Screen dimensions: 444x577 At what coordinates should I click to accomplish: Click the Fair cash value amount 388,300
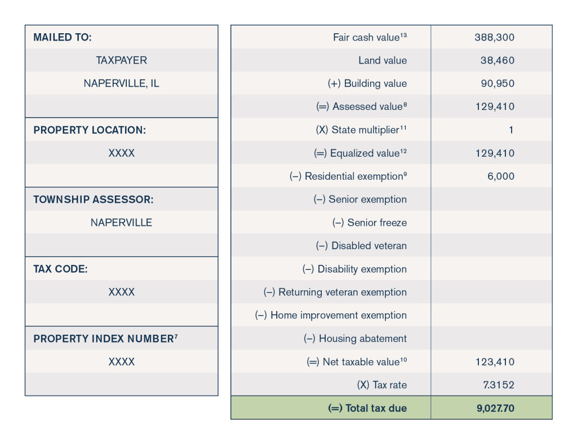(x=495, y=38)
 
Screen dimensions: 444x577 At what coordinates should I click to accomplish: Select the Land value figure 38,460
(x=498, y=61)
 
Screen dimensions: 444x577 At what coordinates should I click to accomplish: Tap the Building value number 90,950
(x=498, y=84)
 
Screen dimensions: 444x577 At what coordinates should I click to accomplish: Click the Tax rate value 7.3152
(x=498, y=385)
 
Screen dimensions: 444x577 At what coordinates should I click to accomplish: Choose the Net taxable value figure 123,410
(x=495, y=362)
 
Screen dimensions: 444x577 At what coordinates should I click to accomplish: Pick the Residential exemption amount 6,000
(x=501, y=176)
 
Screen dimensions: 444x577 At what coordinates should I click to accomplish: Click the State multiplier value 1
(x=511, y=130)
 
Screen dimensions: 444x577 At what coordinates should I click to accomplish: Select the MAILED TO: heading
(x=63, y=38)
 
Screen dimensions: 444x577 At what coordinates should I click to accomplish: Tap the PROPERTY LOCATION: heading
(x=90, y=130)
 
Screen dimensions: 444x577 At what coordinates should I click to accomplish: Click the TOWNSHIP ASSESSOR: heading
(x=94, y=199)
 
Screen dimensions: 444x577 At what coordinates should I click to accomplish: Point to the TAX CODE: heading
(x=60, y=269)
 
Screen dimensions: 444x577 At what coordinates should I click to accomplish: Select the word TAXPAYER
(x=121, y=61)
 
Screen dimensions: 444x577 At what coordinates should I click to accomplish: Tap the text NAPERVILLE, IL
(x=121, y=84)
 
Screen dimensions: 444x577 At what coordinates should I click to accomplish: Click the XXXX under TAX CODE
(x=121, y=292)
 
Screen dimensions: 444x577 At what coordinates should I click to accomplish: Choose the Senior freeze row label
(x=369, y=223)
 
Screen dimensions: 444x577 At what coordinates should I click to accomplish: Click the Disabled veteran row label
(x=361, y=246)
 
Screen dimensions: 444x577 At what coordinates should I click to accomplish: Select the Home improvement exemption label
(x=331, y=316)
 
